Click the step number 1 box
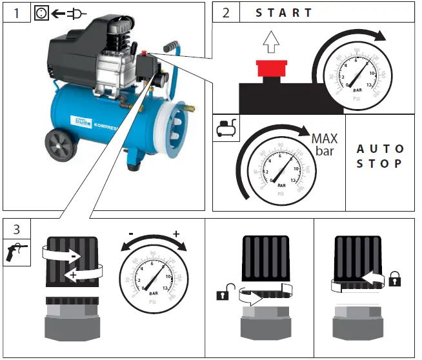click(x=16, y=13)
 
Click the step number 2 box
click(x=225, y=13)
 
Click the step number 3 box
click(x=16, y=228)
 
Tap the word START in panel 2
click(x=284, y=13)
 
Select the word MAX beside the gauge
click(x=324, y=139)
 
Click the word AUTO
click(x=380, y=149)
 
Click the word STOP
click(x=380, y=164)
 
